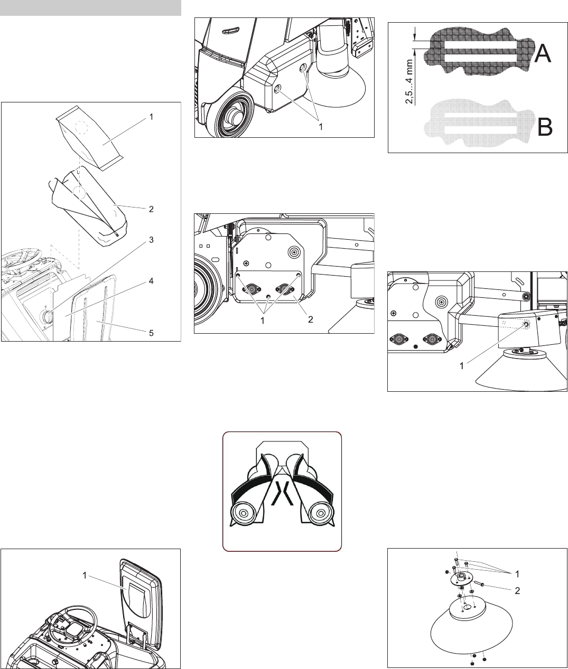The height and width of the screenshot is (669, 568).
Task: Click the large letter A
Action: pyautogui.click(x=543, y=53)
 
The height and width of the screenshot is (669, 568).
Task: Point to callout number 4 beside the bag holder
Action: pyautogui.click(x=151, y=281)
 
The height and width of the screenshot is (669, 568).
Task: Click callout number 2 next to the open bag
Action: pyautogui.click(x=151, y=209)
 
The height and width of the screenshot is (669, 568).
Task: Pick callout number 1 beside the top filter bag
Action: pyautogui.click(x=151, y=117)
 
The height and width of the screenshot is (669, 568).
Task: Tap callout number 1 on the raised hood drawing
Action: pyautogui.click(x=85, y=576)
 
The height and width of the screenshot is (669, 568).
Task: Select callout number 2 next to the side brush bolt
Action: pyautogui.click(x=517, y=591)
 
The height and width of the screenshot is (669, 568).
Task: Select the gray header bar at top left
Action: pyautogui.click(x=90, y=8)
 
